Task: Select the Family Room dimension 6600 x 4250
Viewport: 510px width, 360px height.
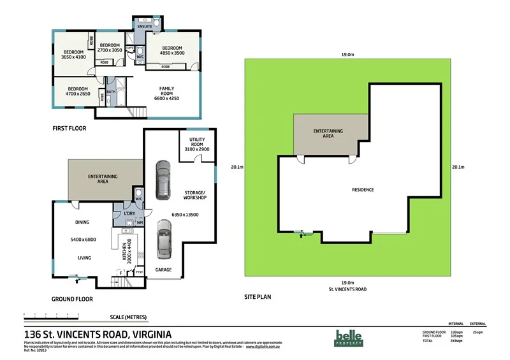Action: coord(172,98)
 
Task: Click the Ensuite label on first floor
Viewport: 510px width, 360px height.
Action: coord(145,26)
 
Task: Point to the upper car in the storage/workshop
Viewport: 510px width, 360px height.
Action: coord(164,179)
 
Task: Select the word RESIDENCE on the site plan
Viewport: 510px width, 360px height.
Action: coord(363,190)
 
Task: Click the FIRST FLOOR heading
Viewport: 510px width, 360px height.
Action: coord(69,128)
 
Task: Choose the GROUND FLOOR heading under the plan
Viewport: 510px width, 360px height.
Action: coord(72,298)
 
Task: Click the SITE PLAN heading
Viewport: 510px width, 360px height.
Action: coord(259,297)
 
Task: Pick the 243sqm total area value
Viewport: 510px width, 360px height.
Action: coord(455,340)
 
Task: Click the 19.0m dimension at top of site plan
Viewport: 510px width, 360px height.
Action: coord(347,55)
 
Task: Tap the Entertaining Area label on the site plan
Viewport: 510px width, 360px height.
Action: coord(328,133)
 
